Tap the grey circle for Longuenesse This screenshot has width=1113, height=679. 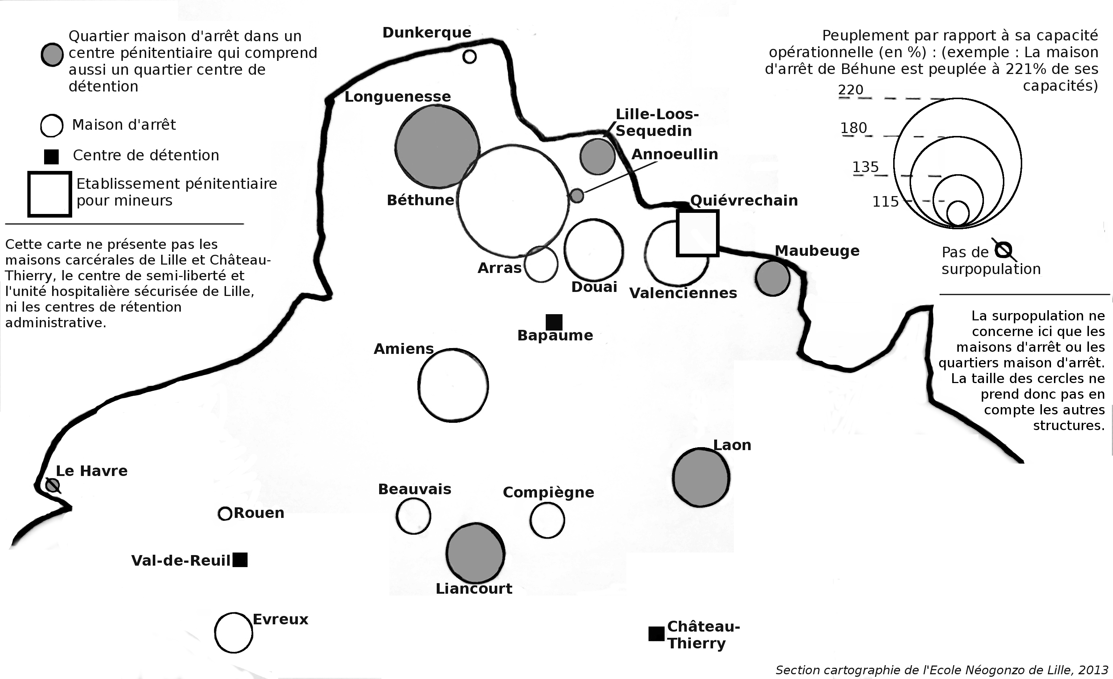tap(437, 147)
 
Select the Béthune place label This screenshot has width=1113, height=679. tap(420, 200)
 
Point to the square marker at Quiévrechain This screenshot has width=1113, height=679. tap(697, 233)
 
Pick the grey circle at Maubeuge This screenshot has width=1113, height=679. tap(773, 278)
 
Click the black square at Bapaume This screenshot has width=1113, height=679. tap(554, 322)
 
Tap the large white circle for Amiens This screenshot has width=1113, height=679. tap(453, 385)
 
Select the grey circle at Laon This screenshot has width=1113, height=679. tap(701, 477)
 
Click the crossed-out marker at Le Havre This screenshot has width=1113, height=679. tap(53, 486)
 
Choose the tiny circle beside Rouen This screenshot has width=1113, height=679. tap(225, 514)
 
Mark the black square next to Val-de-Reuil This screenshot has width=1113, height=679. tap(240, 560)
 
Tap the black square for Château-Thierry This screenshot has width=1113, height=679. tap(656, 634)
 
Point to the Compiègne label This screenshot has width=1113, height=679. tap(548, 492)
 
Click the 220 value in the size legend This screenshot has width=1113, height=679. tap(851, 90)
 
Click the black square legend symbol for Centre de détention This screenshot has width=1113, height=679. tap(51, 157)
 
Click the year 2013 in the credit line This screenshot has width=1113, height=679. tap(1093, 670)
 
